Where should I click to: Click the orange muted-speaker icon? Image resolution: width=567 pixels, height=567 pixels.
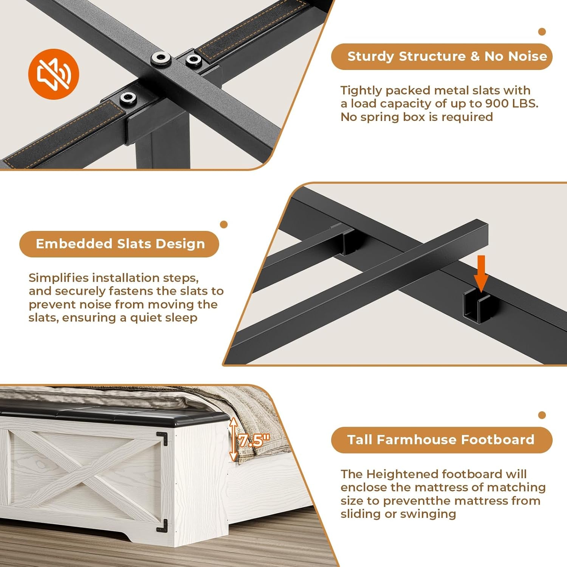click(54, 74)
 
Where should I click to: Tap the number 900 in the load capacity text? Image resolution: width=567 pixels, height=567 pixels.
click(497, 104)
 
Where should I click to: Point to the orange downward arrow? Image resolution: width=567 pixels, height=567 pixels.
click(481, 273)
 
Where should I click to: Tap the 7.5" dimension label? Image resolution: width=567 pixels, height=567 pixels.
click(254, 440)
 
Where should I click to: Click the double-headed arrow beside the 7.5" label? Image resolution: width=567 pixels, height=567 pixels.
click(233, 439)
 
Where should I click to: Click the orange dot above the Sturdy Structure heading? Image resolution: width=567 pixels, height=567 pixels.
click(542, 32)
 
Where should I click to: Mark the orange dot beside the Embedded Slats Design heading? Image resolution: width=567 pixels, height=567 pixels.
click(224, 225)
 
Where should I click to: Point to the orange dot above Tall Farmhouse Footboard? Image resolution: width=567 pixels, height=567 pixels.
click(542, 415)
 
